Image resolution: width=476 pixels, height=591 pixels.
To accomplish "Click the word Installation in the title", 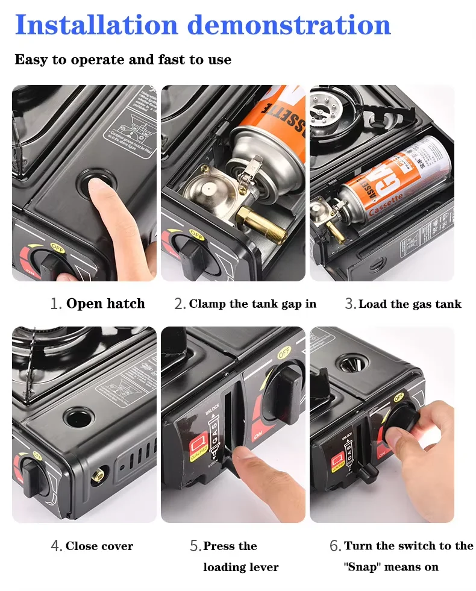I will click(96, 25).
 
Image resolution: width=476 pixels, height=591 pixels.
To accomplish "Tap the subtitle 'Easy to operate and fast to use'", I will click(123, 60).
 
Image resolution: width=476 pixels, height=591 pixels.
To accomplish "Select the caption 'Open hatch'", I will click(105, 304).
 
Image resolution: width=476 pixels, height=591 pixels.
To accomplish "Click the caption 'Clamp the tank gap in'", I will click(252, 304).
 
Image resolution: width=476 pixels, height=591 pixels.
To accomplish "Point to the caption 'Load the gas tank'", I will click(410, 304).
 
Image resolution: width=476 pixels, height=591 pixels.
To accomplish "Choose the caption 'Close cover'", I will click(99, 546).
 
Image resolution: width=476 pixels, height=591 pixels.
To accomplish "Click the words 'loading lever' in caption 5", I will click(241, 567).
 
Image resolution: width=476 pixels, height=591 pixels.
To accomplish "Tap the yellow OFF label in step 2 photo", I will click(196, 233).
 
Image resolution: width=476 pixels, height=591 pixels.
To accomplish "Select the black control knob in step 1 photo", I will click(46, 261).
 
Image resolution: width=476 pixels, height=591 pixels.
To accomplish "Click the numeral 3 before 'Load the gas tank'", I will click(350, 304).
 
